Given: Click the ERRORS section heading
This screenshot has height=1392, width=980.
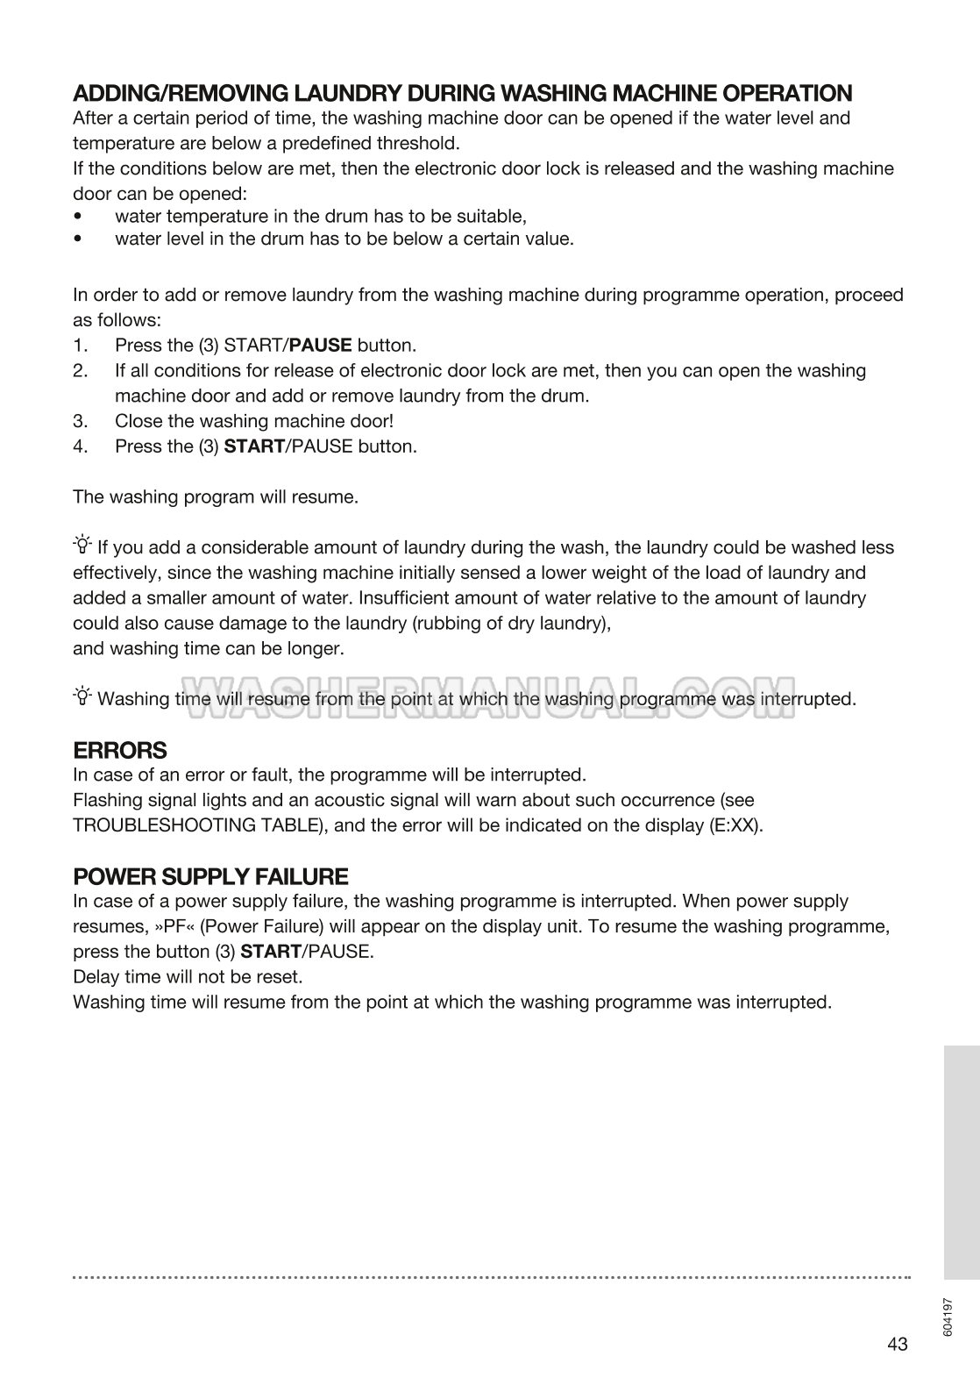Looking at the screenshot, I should (x=119, y=751).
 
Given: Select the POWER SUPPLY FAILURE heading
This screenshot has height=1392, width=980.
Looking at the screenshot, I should (x=210, y=877).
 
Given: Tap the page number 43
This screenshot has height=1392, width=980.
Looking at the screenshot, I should (x=897, y=1344).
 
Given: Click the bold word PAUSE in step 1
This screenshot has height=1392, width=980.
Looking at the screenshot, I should (x=320, y=346).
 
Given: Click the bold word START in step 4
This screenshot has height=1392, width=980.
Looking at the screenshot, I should (x=254, y=446).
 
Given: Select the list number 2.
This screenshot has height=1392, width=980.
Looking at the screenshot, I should (x=81, y=371).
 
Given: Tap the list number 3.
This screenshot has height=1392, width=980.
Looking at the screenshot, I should (x=81, y=421).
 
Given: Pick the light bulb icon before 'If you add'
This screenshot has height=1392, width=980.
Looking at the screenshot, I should (x=82, y=546).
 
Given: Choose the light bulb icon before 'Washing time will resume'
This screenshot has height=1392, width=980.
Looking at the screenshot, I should (x=82, y=697).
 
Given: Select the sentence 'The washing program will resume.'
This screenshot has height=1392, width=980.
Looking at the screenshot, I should (x=216, y=497).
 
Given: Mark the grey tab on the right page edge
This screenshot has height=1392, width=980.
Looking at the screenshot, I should (x=962, y=1162).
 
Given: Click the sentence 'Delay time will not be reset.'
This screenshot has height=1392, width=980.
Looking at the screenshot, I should (x=188, y=977).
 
